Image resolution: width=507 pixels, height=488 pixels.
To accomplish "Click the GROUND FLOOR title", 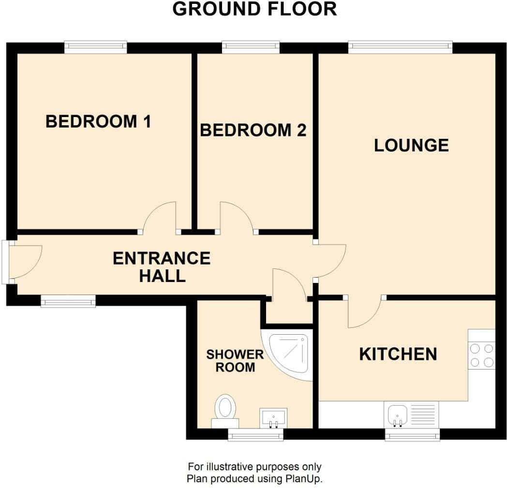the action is [x=255, y=9].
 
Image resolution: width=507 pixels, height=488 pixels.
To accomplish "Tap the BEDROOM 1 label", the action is [x=98, y=121].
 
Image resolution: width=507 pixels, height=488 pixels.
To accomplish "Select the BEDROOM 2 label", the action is [x=253, y=130].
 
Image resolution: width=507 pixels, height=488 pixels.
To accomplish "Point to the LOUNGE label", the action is [x=411, y=145].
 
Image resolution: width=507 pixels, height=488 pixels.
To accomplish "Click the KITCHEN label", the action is [x=398, y=354].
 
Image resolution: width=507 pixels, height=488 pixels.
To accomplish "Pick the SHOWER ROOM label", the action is [x=235, y=361].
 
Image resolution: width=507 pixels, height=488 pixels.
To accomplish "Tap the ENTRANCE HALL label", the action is [x=162, y=267].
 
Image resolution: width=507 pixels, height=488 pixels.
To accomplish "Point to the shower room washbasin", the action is [x=273, y=418].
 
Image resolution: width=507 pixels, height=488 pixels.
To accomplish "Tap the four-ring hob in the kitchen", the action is [x=481, y=355].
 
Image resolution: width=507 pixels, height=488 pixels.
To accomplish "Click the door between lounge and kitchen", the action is [x=365, y=312].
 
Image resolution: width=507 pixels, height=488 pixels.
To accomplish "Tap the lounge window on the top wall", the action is [x=400, y=47].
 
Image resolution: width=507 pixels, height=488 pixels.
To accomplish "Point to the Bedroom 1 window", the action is [x=96, y=47].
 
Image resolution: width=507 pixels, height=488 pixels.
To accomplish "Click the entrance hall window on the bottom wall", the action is [x=68, y=301].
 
